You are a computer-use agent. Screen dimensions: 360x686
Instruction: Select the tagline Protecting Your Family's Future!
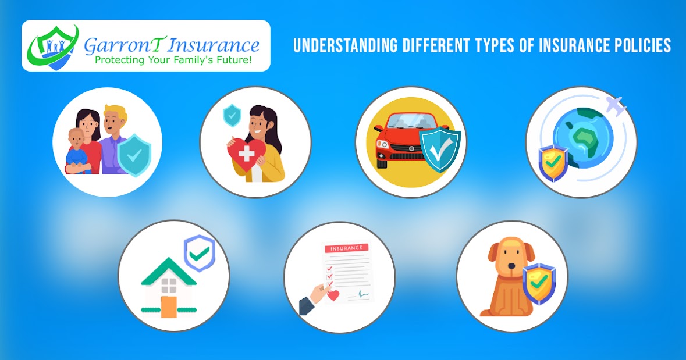[x=173, y=60]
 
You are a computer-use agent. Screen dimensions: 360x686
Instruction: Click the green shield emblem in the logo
[x=55, y=47]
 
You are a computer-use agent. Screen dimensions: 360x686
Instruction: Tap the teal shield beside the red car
[x=440, y=149]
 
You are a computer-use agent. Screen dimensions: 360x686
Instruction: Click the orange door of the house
[x=169, y=306]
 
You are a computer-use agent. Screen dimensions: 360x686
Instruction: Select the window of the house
[x=169, y=285]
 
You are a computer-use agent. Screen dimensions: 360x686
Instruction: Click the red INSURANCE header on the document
[x=347, y=248]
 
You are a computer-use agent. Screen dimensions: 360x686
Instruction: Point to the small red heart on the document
[x=334, y=295]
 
